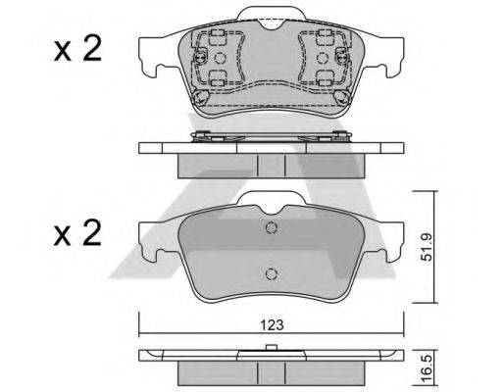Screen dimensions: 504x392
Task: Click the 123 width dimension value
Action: click(272, 325)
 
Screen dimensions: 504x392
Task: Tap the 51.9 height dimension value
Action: click(427, 247)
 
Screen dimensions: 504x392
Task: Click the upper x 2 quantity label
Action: click(78, 49)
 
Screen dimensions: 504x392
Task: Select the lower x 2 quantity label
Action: click(78, 233)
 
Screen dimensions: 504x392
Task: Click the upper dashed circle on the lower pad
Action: click(272, 227)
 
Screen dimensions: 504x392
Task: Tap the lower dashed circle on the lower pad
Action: click(272, 273)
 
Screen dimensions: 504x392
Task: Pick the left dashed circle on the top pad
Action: click(220, 58)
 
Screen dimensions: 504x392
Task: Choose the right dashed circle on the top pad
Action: click(323, 58)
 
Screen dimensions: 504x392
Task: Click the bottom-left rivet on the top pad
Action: click(200, 97)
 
